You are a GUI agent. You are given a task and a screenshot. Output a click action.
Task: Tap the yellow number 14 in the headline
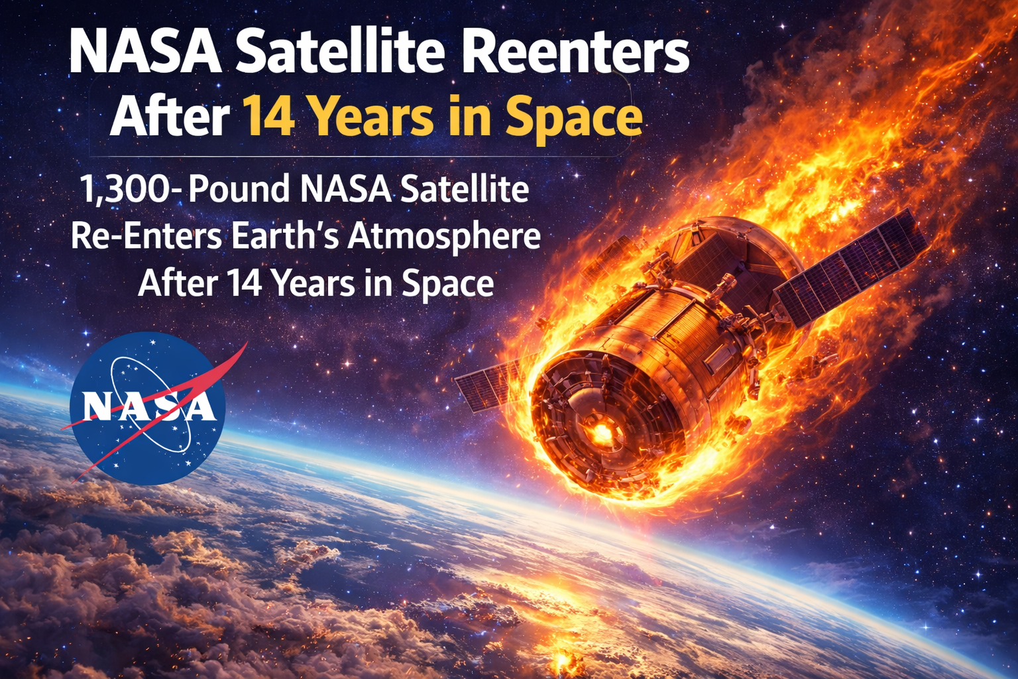(268, 117)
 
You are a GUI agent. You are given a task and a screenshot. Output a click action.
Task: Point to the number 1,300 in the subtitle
(126, 189)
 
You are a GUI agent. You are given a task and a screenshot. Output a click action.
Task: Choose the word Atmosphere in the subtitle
(444, 237)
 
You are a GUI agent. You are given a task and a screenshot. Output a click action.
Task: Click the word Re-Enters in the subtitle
(146, 237)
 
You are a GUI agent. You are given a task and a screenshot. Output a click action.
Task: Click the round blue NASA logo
(147, 408)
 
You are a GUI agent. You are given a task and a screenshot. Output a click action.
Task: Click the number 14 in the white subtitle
(245, 284)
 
